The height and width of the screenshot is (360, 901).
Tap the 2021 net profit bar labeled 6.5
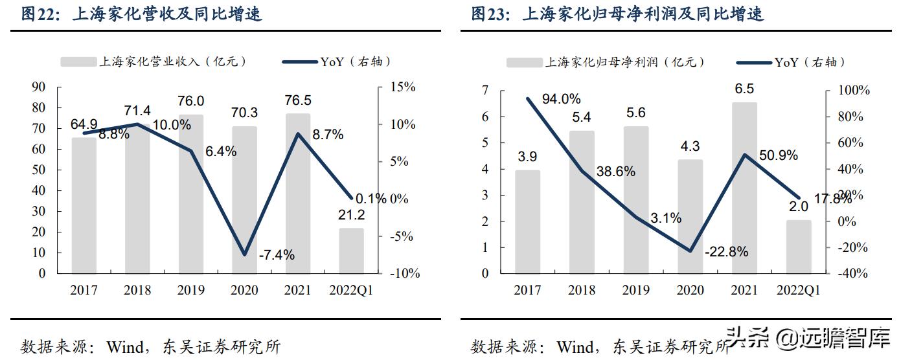tap(744, 188)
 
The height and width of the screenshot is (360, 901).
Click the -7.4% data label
tap(277, 255)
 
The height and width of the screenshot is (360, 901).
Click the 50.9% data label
tap(777, 156)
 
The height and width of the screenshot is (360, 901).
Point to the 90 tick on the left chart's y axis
tap(38, 87)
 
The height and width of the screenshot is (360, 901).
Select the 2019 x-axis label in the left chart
tap(190, 291)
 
